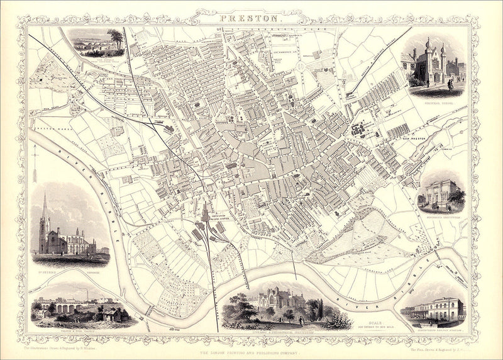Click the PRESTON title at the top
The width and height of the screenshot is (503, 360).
pos(251,18)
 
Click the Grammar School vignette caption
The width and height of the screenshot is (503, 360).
pos(434,100)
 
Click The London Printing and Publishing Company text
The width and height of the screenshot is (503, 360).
pos(251,346)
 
